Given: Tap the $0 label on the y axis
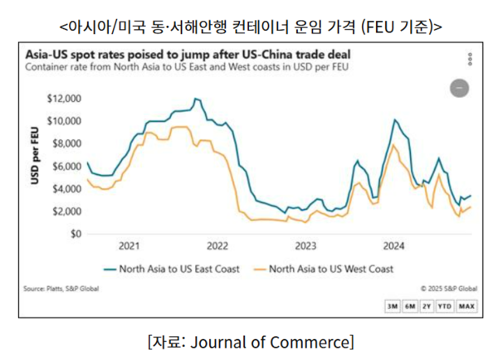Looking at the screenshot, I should pos(73,234).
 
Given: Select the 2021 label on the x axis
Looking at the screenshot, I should pos(129,246).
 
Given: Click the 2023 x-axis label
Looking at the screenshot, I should pos(306,246).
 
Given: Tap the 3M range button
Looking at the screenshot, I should pos(392,306).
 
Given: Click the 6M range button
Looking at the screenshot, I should pos(409,306).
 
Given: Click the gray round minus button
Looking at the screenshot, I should pos(459,87).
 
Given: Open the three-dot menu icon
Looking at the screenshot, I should pos(470,60).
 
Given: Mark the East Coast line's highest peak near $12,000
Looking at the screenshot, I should pos(196,99).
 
